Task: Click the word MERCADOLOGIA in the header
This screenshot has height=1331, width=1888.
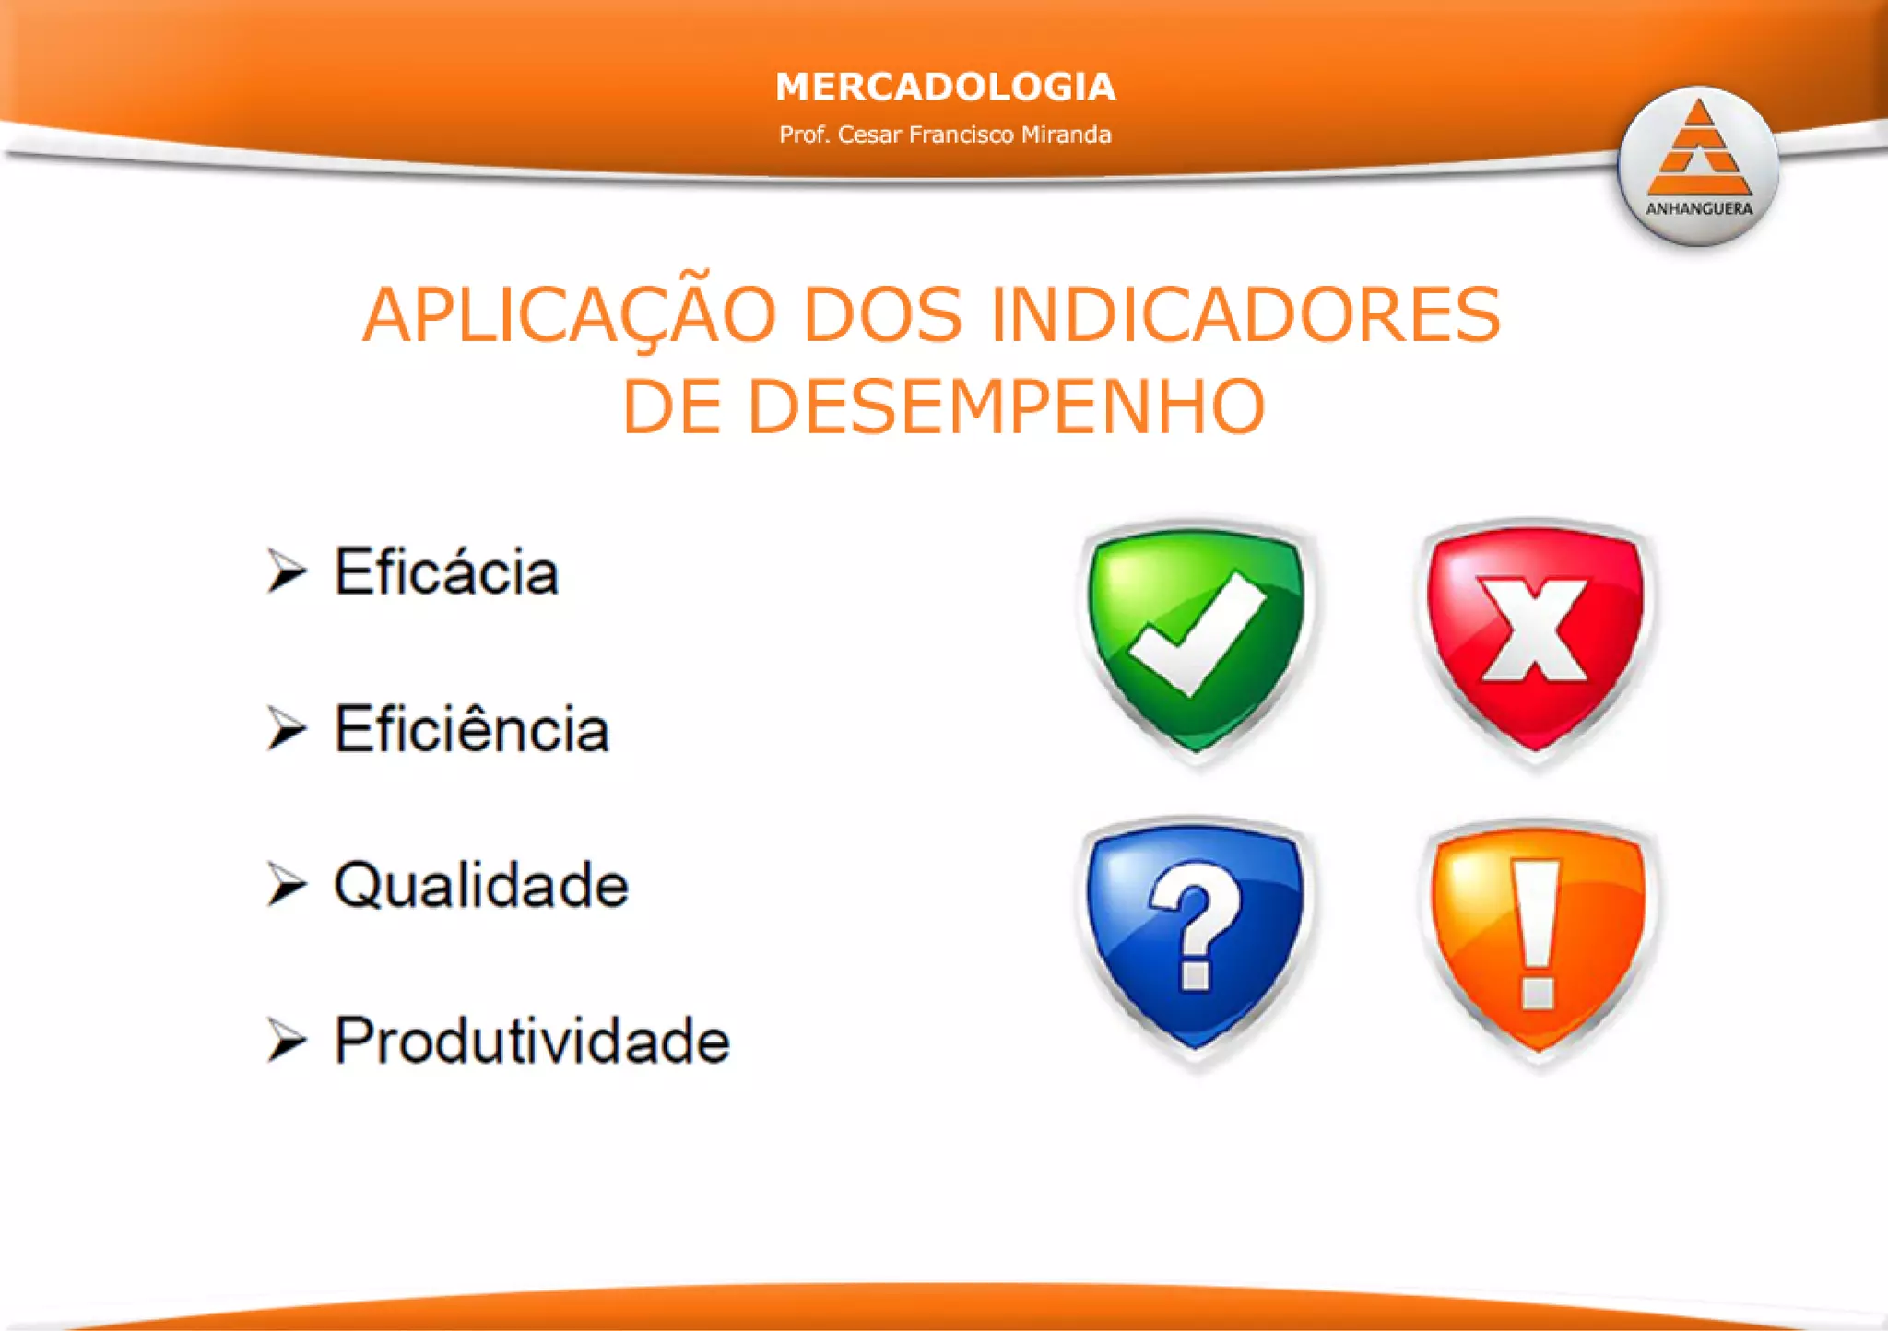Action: click(x=945, y=87)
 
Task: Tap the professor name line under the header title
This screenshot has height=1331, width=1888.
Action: click(x=945, y=135)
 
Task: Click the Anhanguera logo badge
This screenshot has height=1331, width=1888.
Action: click(x=1698, y=167)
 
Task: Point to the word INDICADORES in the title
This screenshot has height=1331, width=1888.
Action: click(x=1245, y=315)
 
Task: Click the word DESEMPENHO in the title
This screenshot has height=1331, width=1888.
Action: click(x=1006, y=406)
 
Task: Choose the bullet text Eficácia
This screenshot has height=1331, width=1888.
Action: click(x=446, y=572)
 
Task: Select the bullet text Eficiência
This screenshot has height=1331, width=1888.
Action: click(x=471, y=729)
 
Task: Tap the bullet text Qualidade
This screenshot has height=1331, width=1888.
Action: click(x=481, y=885)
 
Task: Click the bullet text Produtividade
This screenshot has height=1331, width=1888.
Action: click(x=532, y=1041)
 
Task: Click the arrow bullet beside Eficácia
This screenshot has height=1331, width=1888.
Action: click(x=286, y=571)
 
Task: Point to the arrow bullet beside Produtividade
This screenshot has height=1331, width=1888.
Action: click(x=286, y=1041)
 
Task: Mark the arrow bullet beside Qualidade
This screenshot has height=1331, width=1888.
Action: click(x=286, y=885)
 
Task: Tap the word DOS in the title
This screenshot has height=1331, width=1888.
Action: click(x=882, y=315)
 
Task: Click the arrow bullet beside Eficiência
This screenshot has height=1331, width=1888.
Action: click(x=286, y=729)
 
